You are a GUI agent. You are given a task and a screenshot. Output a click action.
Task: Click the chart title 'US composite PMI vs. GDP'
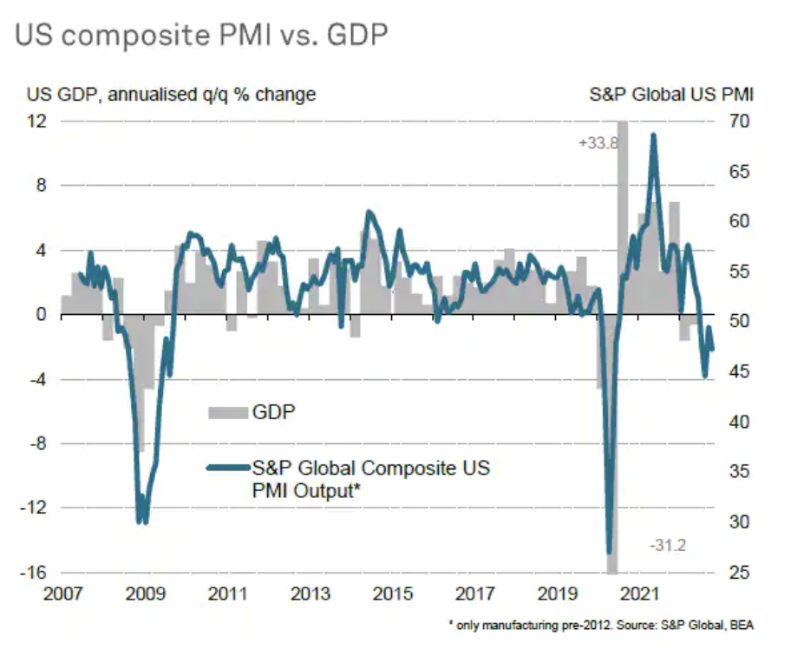200,36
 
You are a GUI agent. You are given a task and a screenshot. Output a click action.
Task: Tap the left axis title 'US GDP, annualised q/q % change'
170,95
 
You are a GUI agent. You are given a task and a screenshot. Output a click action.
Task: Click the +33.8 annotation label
598,143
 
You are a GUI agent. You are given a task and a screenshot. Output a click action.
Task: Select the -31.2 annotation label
669,544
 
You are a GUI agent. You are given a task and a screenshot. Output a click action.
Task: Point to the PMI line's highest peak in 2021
652,135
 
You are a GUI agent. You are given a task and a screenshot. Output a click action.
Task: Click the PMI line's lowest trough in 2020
609,551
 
